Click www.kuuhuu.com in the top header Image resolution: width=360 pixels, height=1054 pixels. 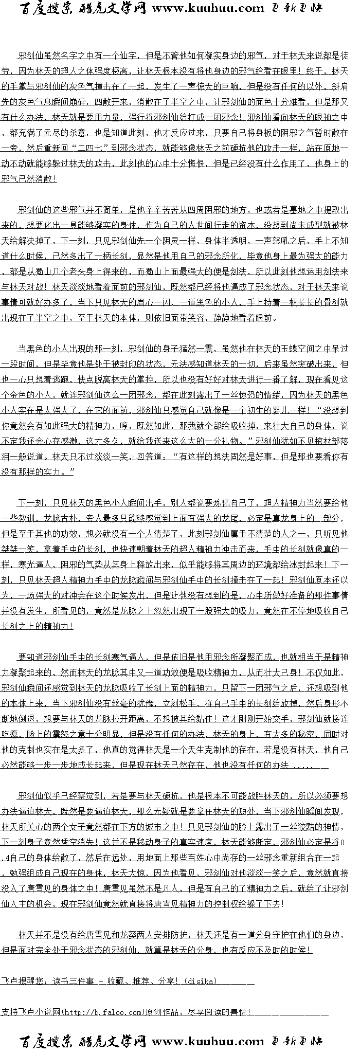point(208,8)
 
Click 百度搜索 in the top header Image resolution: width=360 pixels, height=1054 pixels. point(47,8)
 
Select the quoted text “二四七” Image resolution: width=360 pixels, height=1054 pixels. point(91,148)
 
